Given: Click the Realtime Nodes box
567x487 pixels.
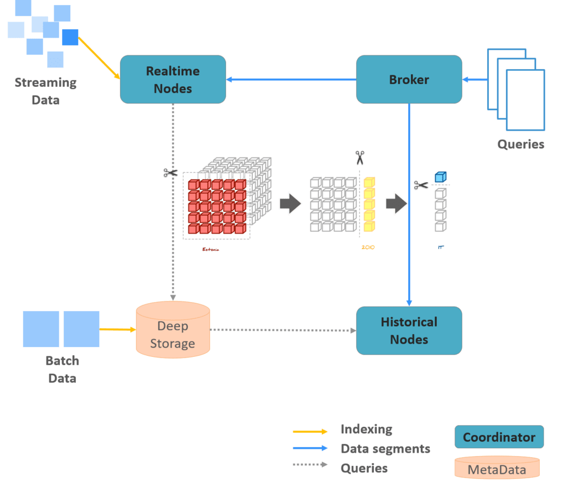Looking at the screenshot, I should click(173, 79).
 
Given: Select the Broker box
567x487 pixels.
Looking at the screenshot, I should click(409, 79).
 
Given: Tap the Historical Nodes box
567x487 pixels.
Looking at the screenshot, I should click(409, 330).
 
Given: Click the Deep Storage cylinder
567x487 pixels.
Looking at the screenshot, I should click(173, 331).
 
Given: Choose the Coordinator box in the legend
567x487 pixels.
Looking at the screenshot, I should click(499, 437).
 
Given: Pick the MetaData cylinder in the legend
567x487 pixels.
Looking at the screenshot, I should click(497, 470).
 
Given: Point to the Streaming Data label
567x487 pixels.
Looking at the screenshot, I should click(45, 91).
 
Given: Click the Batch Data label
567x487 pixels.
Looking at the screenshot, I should click(63, 369).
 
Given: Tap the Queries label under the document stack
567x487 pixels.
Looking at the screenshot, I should click(520, 144).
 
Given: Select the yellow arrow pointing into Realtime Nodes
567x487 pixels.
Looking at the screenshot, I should click(100, 58).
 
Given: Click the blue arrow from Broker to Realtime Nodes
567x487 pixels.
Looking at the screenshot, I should click(291, 80).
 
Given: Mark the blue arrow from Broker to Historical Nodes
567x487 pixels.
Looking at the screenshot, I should click(409, 205).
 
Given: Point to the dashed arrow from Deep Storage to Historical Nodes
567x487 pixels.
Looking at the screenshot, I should click(282, 330).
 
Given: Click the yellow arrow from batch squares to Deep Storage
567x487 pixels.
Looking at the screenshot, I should click(117, 329).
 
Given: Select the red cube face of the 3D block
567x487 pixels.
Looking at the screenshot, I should click(217, 206).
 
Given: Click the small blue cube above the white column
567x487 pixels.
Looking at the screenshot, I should click(440, 177).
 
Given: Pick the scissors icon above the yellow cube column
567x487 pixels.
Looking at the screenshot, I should click(360, 158).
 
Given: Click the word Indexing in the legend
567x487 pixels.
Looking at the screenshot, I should click(366, 429).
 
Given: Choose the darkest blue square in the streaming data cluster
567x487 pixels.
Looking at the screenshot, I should click(70, 37).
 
